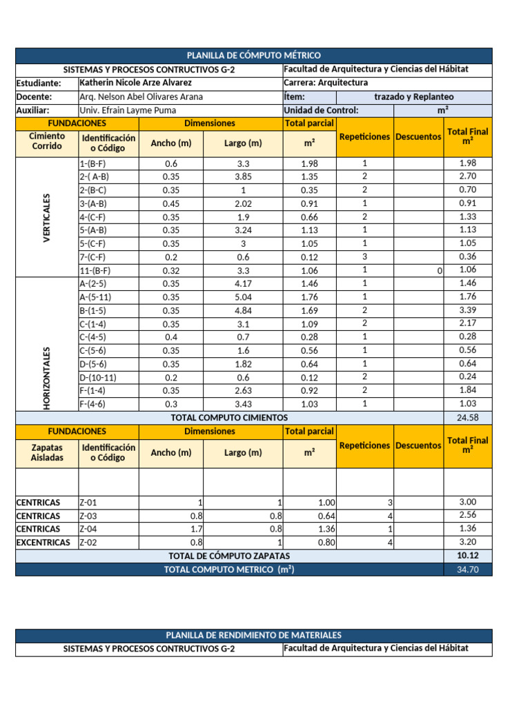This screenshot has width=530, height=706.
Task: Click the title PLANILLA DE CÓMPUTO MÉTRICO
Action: (x=254, y=55)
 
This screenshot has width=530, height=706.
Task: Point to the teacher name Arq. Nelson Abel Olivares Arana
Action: (x=141, y=97)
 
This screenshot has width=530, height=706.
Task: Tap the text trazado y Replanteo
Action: (x=413, y=97)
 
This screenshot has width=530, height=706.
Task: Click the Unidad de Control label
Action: (x=321, y=110)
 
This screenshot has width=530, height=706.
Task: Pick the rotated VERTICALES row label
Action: (x=47, y=217)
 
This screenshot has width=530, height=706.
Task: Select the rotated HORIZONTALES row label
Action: (x=47, y=379)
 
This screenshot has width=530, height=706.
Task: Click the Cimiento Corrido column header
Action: (x=47, y=141)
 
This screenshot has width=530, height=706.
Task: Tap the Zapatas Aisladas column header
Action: (x=47, y=452)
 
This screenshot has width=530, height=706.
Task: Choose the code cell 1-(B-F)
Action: (x=92, y=163)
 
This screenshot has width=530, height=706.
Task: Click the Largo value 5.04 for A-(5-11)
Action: (x=243, y=297)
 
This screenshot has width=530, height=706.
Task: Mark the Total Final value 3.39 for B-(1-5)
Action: (x=467, y=310)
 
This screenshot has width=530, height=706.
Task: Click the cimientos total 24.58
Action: (x=467, y=418)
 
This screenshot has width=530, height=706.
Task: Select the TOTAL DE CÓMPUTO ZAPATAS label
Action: (x=229, y=556)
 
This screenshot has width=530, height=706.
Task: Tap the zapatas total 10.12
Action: (x=467, y=556)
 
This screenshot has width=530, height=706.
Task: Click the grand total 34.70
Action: (x=467, y=569)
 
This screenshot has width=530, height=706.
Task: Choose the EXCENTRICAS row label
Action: (x=43, y=543)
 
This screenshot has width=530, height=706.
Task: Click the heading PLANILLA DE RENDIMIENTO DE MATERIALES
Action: (x=254, y=635)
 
